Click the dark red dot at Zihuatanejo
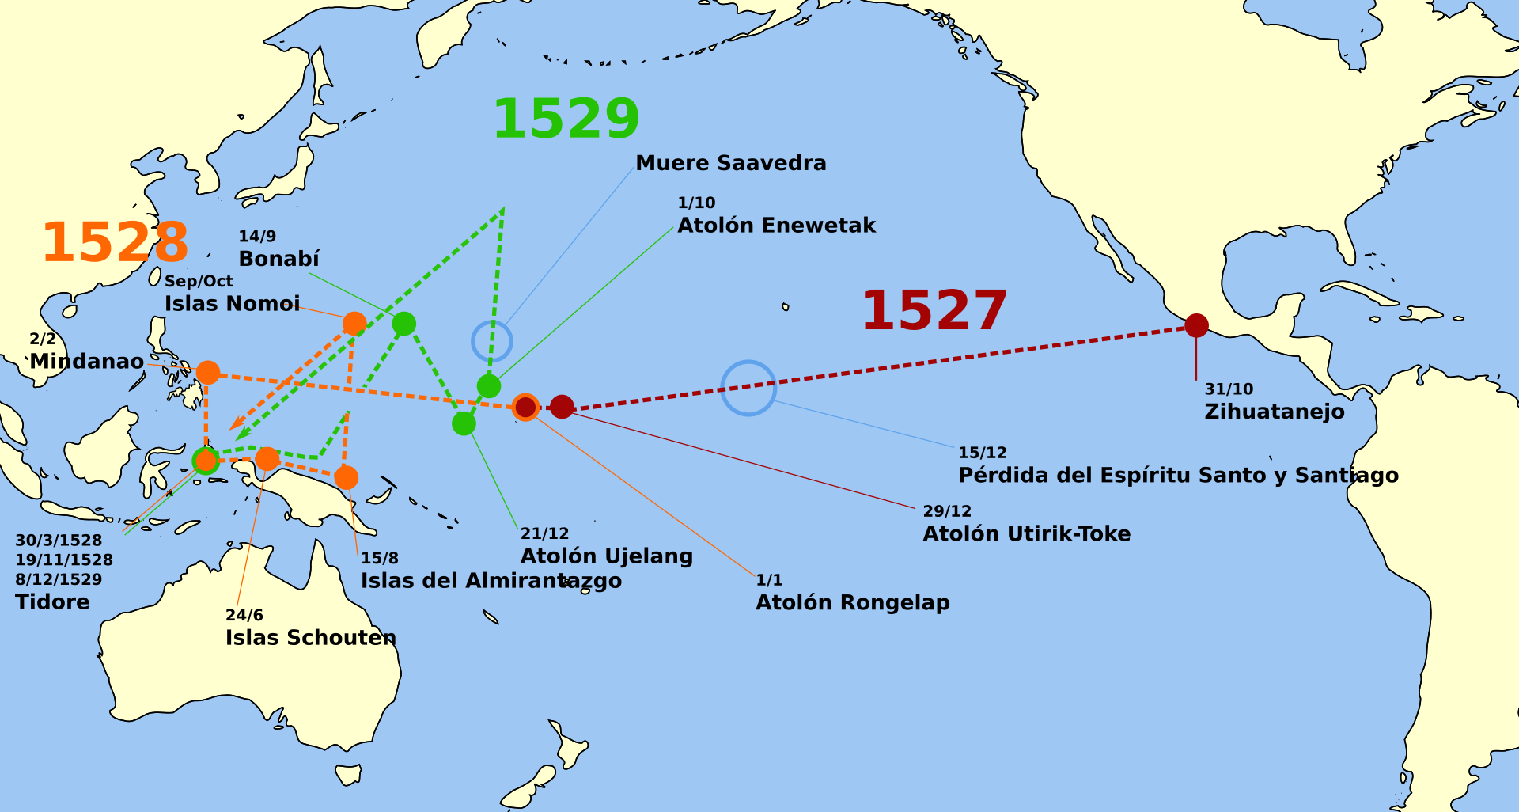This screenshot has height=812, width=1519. pyautogui.click(x=1196, y=325)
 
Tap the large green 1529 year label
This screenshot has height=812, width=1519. pyautogui.click(x=566, y=119)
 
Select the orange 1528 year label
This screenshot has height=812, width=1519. pyautogui.click(x=116, y=242)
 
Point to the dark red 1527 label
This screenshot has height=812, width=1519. pyautogui.click(x=934, y=310)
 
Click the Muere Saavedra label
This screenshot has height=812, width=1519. pyautogui.click(x=731, y=163)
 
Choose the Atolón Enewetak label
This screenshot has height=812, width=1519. pyautogui.click(x=776, y=226)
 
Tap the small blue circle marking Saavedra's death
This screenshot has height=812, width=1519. pyautogui.click(x=492, y=342)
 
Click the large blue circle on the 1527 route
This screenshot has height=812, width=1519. pyautogui.click(x=748, y=388)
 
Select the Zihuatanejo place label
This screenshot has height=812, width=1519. pyautogui.click(x=1274, y=412)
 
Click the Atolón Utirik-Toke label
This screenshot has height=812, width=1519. pyautogui.click(x=1026, y=533)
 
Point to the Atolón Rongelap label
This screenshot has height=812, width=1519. pyautogui.click(x=852, y=602)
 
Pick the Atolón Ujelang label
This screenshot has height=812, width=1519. pyautogui.click(x=606, y=556)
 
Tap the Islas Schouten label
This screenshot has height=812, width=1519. pyautogui.click(x=310, y=638)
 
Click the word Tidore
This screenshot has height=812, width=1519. pyautogui.click(x=52, y=602)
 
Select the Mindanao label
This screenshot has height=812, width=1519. pyautogui.click(x=87, y=362)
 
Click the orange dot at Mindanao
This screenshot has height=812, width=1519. pyautogui.click(x=208, y=372)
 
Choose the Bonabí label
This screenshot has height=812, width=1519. pyautogui.click(x=278, y=259)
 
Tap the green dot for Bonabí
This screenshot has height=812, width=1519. pyautogui.click(x=403, y=324)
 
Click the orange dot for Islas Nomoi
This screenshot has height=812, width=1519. pyautogui.click(x=354, y=323)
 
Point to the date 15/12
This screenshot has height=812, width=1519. pyautogui.click(x=983, y=453)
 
